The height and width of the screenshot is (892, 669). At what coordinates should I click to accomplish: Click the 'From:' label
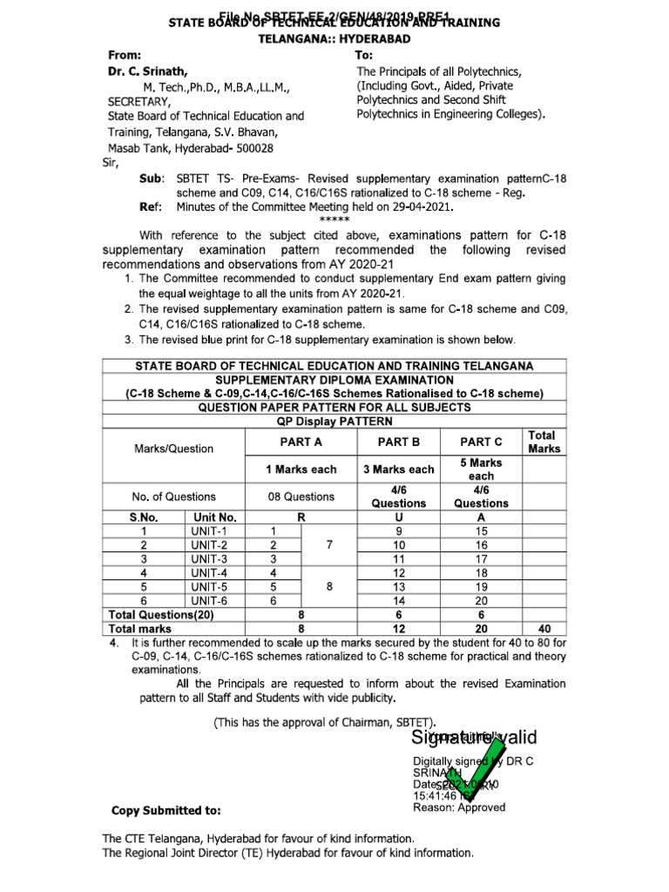pyautogui.click(x=127, y=55)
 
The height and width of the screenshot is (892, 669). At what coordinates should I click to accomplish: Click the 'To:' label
pyautogui.click(x=365, y=55)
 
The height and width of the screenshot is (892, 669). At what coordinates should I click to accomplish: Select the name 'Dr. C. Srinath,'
pyautogui.click(x=146, y=71)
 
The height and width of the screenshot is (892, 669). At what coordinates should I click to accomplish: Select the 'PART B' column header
pyautogui.click(x=398, y=443)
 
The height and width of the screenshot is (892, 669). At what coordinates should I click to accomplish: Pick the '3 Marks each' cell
pyautogui.click(x=398, y=470)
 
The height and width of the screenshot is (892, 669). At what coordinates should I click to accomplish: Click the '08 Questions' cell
pyautogui.click(x=301, y=497)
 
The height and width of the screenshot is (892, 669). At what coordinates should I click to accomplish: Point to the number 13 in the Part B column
pyautogui.click(x=399, y=586)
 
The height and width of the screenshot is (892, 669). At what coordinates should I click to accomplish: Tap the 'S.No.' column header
pyautogui.click(x=143, y=517)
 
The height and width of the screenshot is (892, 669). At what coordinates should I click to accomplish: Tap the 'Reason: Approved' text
pyautogui.click(x=459, y=808)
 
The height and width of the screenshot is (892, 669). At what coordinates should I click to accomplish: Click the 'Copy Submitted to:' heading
pyautogui.click(x=166, y=810)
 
